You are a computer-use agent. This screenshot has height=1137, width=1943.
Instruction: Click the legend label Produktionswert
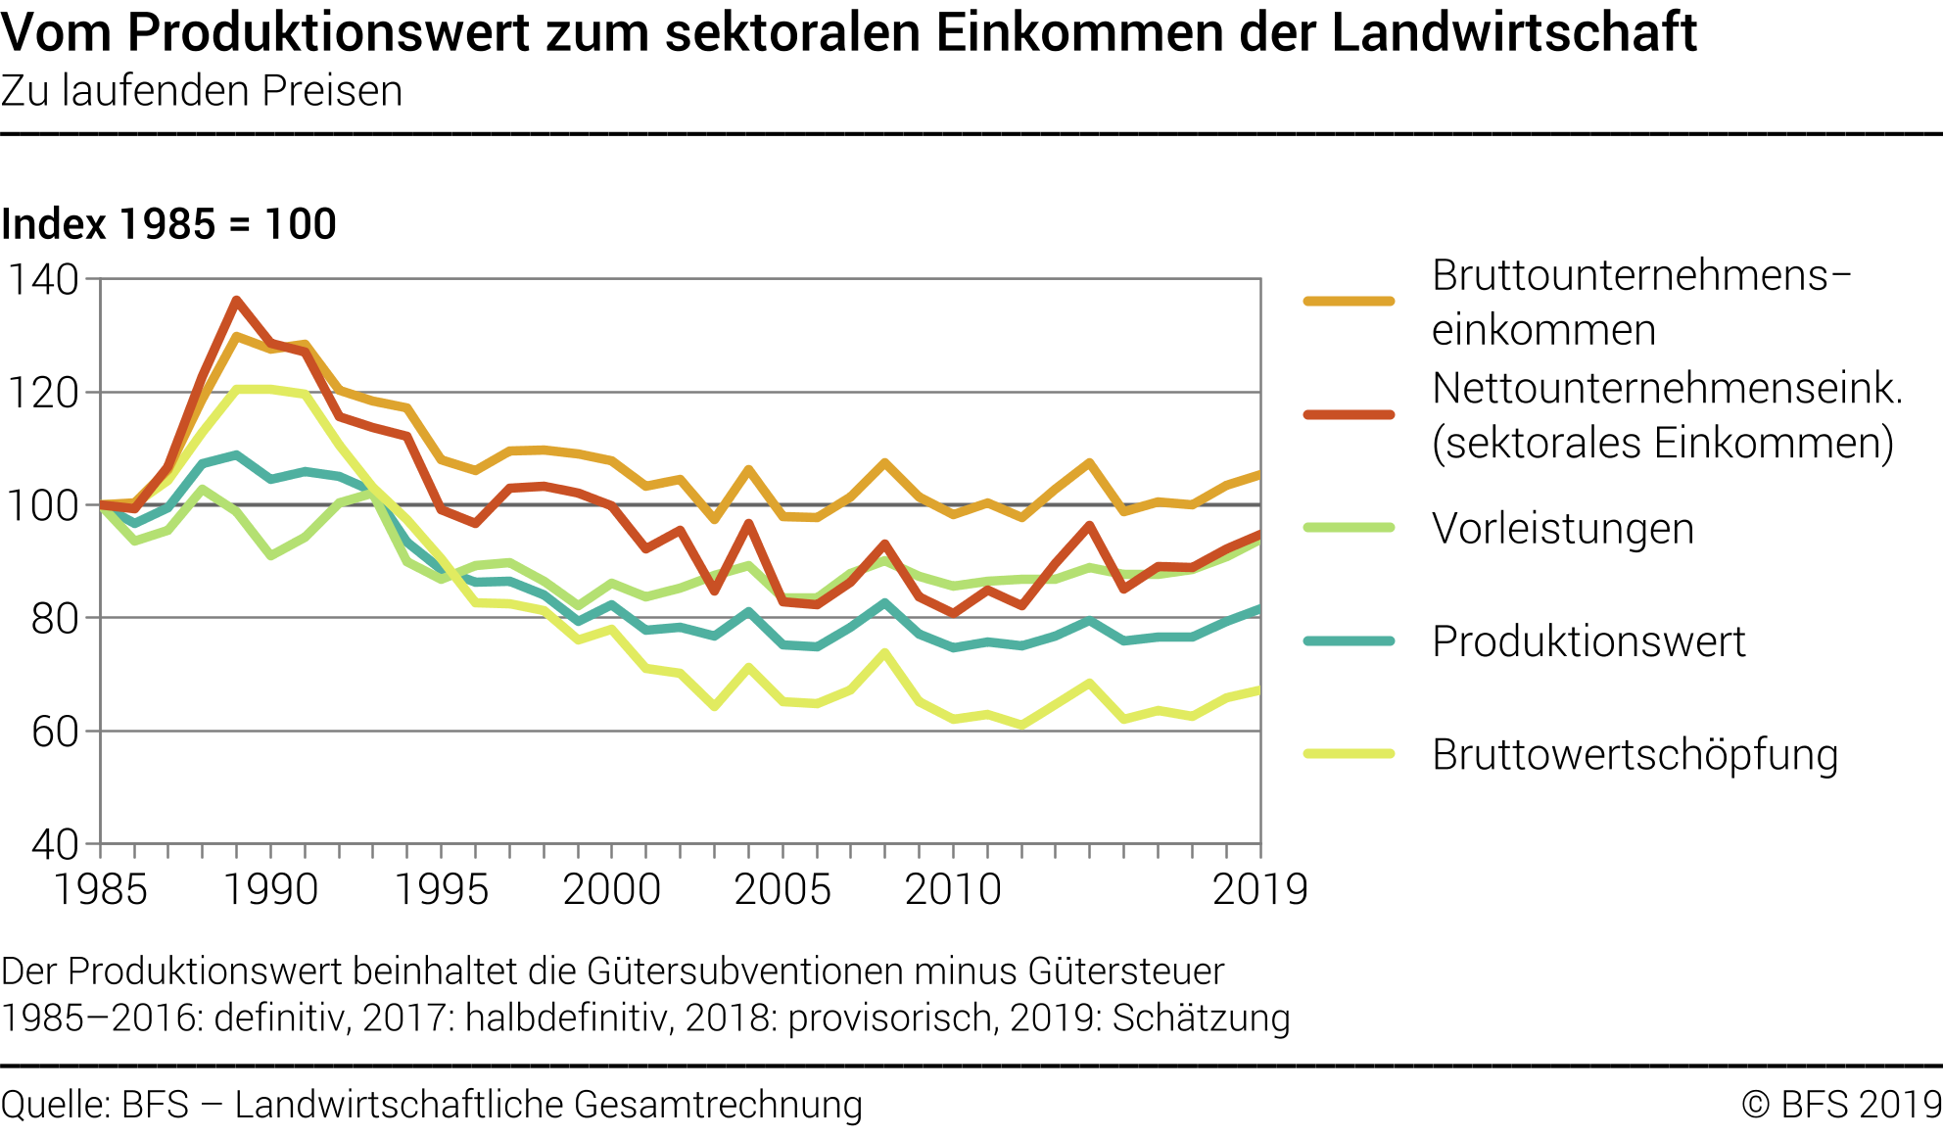pos(1588,641)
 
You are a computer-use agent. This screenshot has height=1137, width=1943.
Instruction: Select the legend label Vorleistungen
pos(1562,529)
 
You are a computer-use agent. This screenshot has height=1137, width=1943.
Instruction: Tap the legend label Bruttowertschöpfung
pos(1635,755)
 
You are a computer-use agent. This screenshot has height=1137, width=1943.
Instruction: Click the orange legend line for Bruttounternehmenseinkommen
pos(1349,302)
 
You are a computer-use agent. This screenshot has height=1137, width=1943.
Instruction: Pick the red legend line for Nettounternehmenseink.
pos(1349,414)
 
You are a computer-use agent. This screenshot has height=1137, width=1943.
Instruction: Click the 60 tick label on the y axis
pos(54,732)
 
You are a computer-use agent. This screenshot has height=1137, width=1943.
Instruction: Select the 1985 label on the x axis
pos(100,890)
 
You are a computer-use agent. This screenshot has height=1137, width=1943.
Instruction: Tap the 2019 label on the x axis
pos(1259,890)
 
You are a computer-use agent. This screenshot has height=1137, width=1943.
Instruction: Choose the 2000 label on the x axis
pos(612,890)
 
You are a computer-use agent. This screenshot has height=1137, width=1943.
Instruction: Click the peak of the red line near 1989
pos(236,300)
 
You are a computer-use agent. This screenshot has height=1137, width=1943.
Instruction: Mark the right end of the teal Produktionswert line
pos(1258,609)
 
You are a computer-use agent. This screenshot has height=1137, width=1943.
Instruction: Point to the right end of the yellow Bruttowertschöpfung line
pos(1258,690)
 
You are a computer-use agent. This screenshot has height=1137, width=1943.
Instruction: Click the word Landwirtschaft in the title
pos(1513,33)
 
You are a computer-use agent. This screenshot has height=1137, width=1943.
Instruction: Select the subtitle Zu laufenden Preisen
pos(202,91)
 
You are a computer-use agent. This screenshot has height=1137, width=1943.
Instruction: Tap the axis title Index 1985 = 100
pos(168,224)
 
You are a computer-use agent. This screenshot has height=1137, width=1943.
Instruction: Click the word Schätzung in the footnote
pos(1201,1018)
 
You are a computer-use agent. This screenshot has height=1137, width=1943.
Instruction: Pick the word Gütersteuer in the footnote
pos(1126,971)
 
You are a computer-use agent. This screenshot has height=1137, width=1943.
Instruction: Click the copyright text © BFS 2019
pos(1840,1104)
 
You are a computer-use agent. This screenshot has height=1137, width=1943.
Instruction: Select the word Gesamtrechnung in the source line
pos(718,1104)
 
